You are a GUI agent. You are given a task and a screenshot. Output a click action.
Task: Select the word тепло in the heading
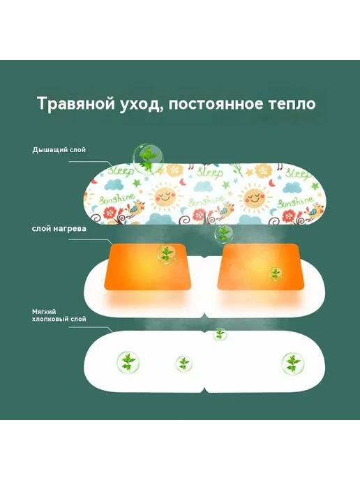292,104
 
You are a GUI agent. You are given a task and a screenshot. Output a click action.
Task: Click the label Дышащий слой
59,150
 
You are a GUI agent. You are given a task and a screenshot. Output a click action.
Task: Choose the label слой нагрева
59,229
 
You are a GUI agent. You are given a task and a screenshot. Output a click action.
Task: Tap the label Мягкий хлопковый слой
59,315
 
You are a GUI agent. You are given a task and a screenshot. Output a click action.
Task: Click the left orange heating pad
148,267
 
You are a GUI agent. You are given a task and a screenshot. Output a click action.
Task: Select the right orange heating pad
260,267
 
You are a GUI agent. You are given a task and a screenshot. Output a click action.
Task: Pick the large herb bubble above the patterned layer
148,158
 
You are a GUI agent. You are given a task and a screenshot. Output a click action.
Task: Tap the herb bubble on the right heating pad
276,273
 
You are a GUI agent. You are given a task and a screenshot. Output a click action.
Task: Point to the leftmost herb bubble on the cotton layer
128,363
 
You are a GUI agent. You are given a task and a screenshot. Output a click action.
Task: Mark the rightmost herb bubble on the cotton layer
293,363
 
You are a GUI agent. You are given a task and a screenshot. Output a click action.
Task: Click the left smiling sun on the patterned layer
165,196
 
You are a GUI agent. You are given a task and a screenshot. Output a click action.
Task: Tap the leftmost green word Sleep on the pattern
121,170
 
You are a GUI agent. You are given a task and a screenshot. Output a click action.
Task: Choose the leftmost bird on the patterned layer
135,209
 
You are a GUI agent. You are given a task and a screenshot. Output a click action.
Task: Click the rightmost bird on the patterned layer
315,210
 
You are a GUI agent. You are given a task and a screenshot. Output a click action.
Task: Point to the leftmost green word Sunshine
117,199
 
